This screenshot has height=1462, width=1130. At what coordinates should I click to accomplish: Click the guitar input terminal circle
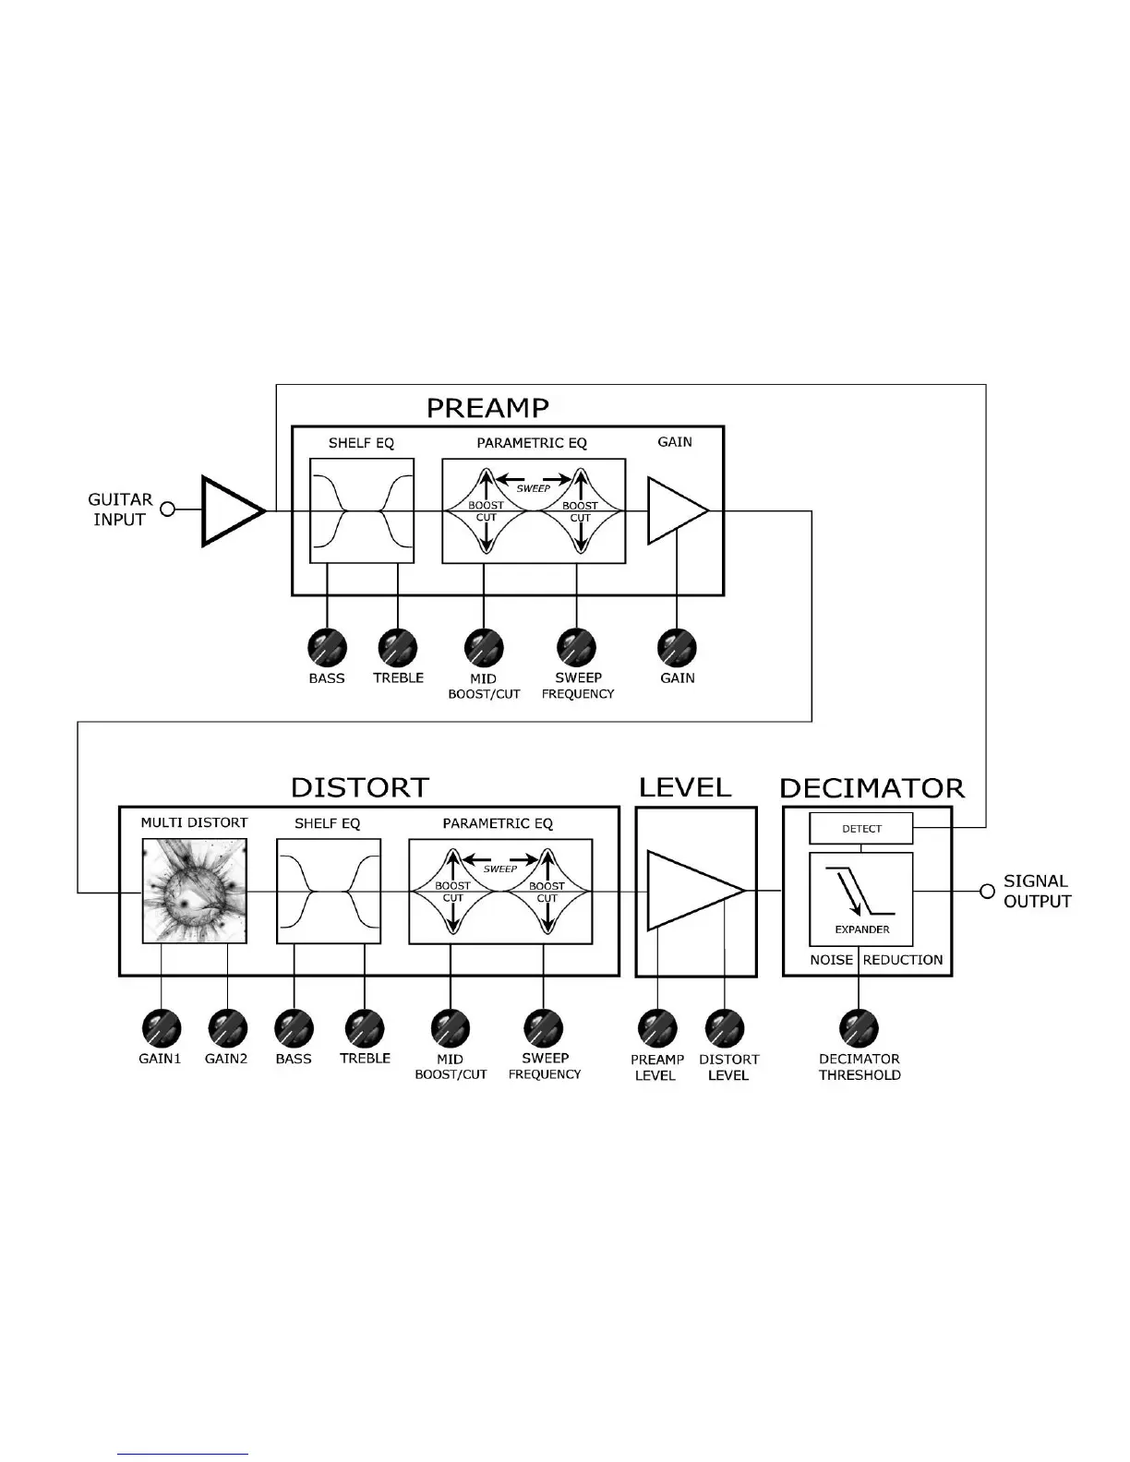coord(168,509)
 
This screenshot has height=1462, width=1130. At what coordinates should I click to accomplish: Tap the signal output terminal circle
coord(987,891)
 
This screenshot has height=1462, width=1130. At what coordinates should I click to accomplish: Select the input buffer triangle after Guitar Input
coord(230,510)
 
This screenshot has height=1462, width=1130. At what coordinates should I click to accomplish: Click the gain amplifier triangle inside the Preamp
coord(675,510)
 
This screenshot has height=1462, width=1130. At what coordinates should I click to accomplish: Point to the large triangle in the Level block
coord(688,891)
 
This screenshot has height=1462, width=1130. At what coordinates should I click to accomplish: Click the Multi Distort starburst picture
coord(194,891)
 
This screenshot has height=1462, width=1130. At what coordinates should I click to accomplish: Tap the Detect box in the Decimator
coord(860,828)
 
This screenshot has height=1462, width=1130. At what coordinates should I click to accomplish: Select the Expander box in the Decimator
coord(860,899)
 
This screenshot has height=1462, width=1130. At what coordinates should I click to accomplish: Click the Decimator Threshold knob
coord(859,1027)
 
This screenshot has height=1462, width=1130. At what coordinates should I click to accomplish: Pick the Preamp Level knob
coord(657,1027)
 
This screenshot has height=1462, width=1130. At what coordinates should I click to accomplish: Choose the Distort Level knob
coord(725,1027)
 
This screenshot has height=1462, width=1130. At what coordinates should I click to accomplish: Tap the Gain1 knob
coord(161,1027)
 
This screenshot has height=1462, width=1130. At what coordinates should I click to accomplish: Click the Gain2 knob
coord(227,1027)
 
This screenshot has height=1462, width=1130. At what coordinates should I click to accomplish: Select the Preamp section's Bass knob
coord(327,647)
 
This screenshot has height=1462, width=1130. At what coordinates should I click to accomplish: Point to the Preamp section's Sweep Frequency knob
coord(577,647)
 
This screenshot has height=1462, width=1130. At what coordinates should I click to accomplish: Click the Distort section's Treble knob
coord(364,1027)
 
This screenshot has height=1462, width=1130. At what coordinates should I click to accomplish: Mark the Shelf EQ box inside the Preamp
coord(361,510)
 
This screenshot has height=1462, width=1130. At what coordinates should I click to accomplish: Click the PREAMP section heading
coord(487,408)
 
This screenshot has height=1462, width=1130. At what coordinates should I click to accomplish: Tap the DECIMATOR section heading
coord(872,788)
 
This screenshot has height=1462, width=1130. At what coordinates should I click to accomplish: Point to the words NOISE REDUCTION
coord(876,960)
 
